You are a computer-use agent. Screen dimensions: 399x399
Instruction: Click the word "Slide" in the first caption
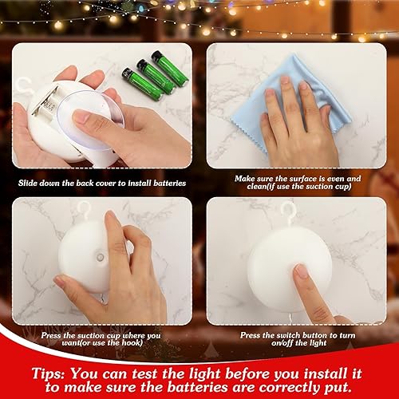point(32,182)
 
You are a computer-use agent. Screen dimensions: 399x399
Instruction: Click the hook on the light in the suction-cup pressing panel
point(83,209)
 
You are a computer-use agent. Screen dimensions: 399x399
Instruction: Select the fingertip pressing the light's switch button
point(301,271)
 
